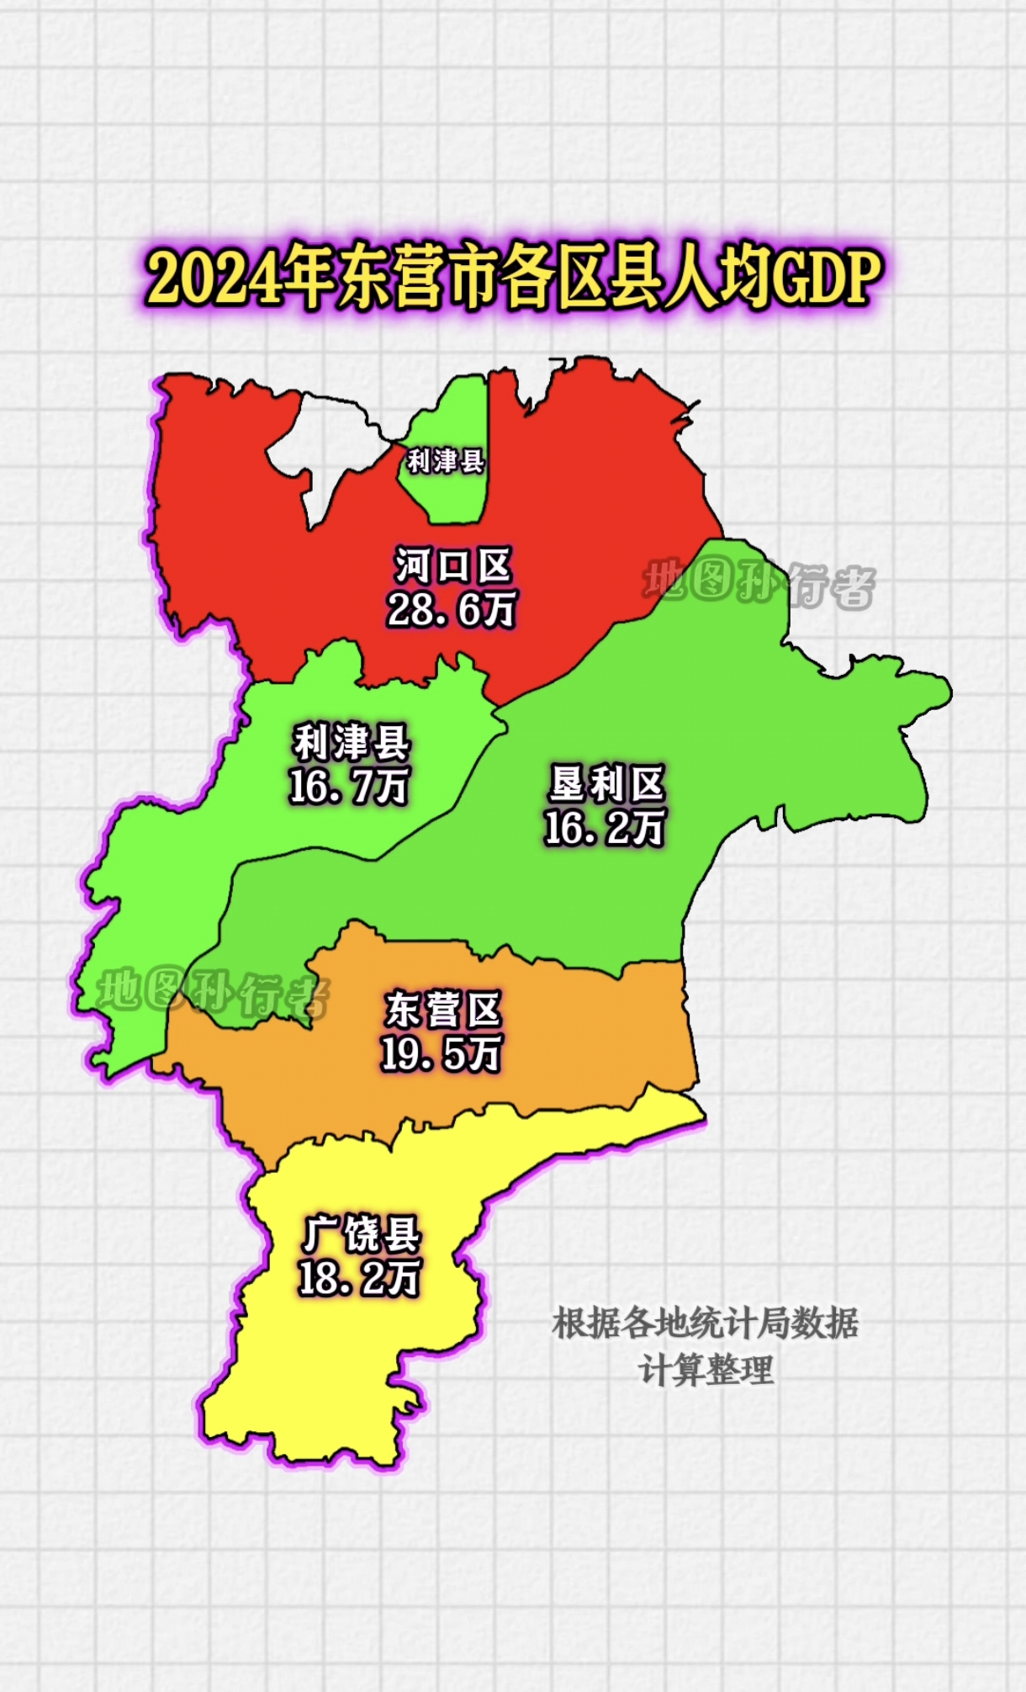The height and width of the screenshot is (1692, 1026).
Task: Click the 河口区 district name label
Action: pyautogui.click(x=452, y=565)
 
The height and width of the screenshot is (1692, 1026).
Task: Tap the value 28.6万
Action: pyautogui.click(x=452, y=609)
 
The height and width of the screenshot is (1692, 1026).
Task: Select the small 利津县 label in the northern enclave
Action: pyautogui.click(x=445, y=461)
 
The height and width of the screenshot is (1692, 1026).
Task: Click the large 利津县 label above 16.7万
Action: pyautogui.click(x=351, y=743)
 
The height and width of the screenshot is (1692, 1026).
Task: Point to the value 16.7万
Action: pyautogui.click(x=348, y=787)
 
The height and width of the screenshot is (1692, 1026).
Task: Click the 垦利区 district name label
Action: pyautogui.click(x=606, y=783)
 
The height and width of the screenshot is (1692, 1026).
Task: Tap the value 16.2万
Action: pyautogui.click(x=604, y=828)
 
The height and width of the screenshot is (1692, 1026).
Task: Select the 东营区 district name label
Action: pyautogui.click(x=443, y=1009)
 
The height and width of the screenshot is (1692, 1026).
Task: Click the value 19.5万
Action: pyautogui.click(x=441, y=1053)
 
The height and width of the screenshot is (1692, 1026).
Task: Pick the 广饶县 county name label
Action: pyautogui.click(x=361, y=1234)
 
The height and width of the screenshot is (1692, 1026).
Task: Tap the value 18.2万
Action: pyautogui.click(x=359, y=1279)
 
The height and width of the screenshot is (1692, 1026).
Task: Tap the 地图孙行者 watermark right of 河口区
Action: pyautogui.click(x=759, y=583)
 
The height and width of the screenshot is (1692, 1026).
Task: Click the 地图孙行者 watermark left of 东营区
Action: pyautogui.click(x=212, y=994)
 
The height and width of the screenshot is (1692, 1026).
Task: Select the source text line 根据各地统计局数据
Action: pyautogui.click(x=705, y=1323)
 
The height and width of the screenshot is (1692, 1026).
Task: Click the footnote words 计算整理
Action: pyautogui.click(x=705, y=1371)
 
